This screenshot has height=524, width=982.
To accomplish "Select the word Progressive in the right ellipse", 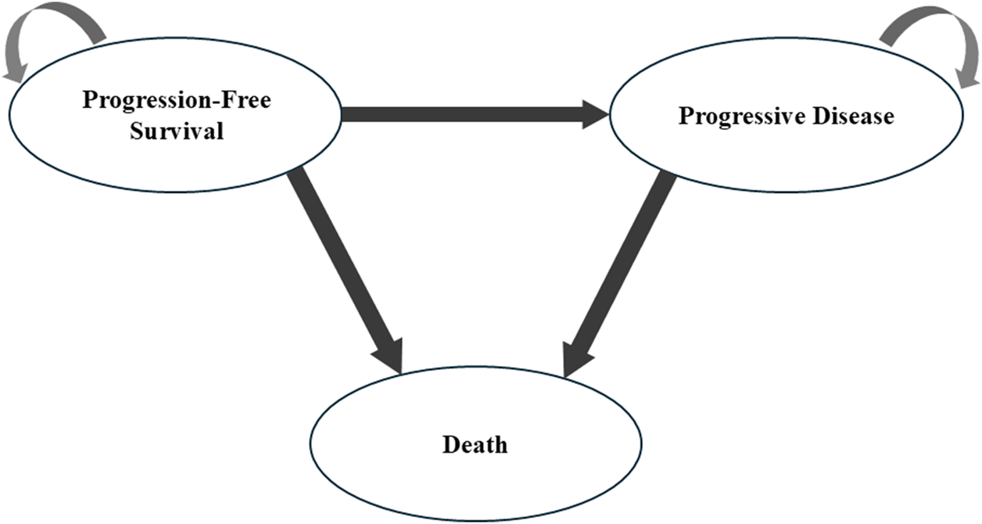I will tap(740, 117).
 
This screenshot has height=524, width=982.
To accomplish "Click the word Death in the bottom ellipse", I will tap(475, 445).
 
